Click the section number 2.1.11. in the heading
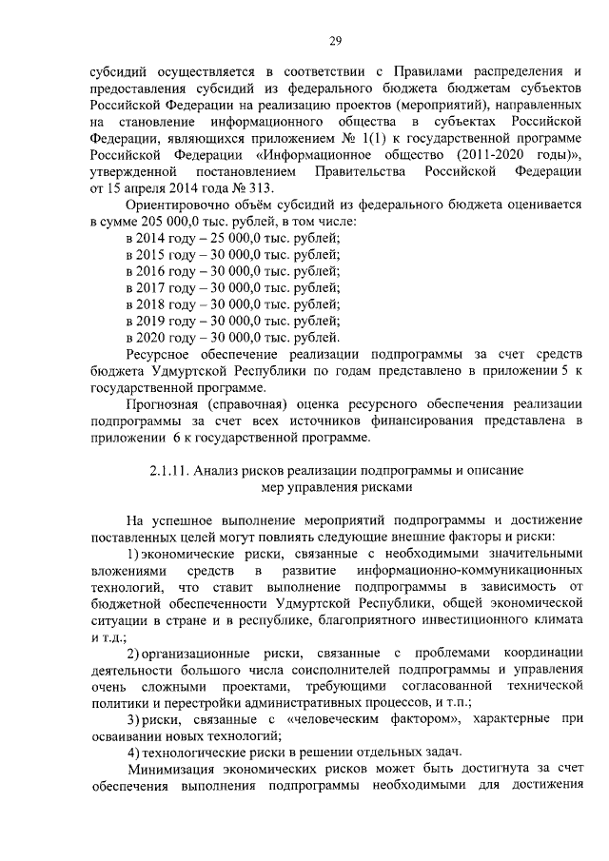pyautogui.click(x=171, y=470)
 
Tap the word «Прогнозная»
pyautogui.click(x=163, y=403)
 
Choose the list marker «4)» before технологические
pyautogui.click(x=134, y=752)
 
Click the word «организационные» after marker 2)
pyautogui.click(x=201, y=651)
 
